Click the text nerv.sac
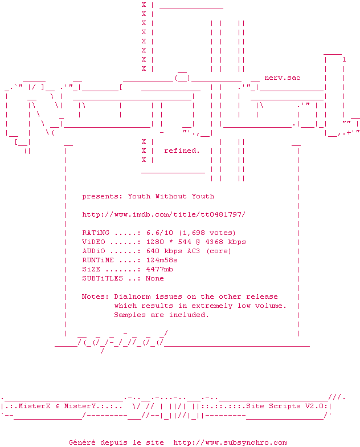283,78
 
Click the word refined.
182,151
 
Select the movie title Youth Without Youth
171,196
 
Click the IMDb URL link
164,214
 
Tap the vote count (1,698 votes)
207,233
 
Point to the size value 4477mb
159,269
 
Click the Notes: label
96,296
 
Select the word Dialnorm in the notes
132,296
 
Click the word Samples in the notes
130,315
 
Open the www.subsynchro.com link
230,442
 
